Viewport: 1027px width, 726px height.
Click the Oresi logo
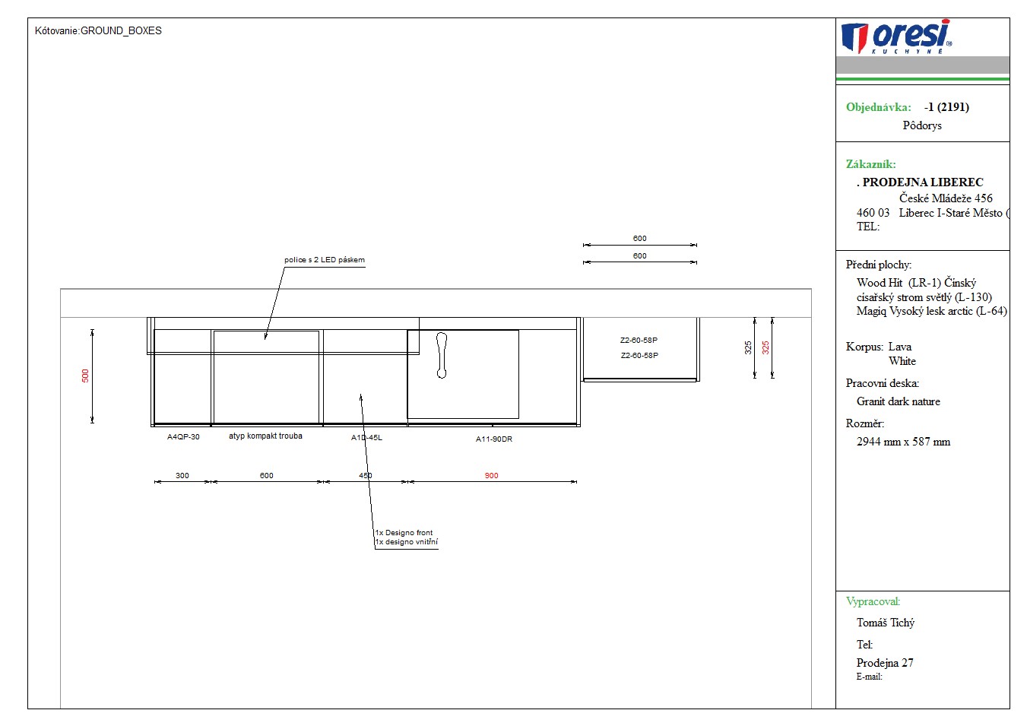click(896, 36)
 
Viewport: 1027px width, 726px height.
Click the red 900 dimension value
click(491, 476)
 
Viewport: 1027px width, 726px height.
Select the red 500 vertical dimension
click(85, 376)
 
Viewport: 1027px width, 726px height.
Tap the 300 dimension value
click(182, 476)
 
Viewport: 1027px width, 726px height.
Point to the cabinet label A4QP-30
click(183, 436)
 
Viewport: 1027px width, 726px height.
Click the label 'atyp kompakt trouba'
click(265, 436)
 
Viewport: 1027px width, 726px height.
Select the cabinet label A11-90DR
click(494, 439)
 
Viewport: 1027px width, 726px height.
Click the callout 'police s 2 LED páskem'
click(324, 259)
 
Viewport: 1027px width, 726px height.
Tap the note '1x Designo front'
click(404, 532)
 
